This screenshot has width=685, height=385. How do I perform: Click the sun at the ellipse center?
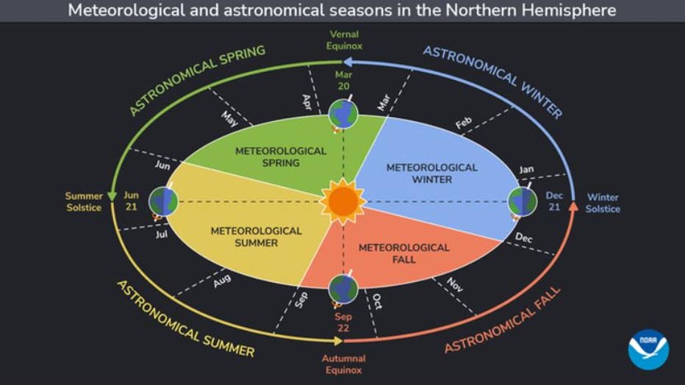coord(342,201)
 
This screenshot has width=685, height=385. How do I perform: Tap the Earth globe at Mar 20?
coord(343,114)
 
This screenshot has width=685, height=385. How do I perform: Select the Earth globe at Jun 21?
coord(163,201)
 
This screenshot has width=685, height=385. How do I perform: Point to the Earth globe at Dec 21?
coord(523,201)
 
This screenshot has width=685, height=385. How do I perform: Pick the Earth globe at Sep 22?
coord(343,289)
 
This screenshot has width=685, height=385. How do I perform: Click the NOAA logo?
coord(648,349)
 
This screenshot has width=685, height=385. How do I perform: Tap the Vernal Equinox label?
coord(345,40)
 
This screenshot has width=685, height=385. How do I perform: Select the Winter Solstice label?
coord(603,203)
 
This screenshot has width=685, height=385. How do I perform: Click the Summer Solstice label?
coord(84,202)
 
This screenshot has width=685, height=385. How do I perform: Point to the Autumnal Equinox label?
coord(343,364)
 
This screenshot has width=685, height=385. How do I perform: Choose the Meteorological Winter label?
coord(432,173)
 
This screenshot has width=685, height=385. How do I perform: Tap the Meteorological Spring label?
coord(281,156)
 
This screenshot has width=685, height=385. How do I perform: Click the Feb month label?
coord(463,125)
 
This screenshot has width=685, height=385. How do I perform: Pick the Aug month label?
coord(222,280)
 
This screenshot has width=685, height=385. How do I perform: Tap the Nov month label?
coord(455,285)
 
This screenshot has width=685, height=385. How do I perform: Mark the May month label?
coord(229,119)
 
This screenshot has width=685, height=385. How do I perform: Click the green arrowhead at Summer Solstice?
coord(112,195)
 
